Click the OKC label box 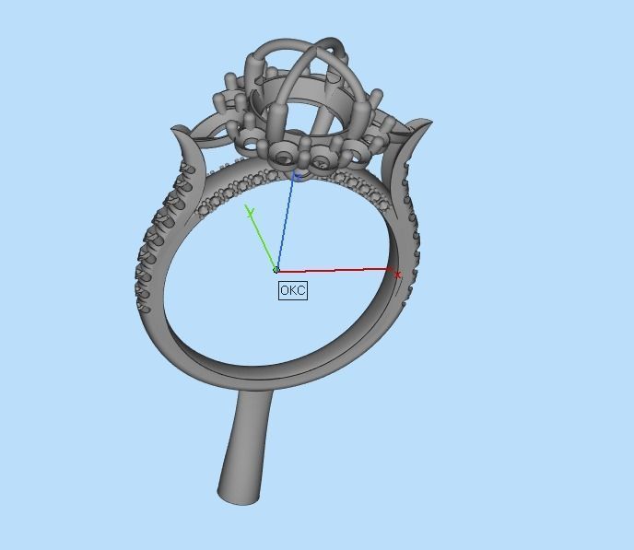point(292,290)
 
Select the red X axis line point(336,270)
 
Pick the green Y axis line point(263,241)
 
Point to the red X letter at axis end point(397,275)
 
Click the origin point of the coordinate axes point(276,270)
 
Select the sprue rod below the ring point(247,442)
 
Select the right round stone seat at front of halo point(321,162)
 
